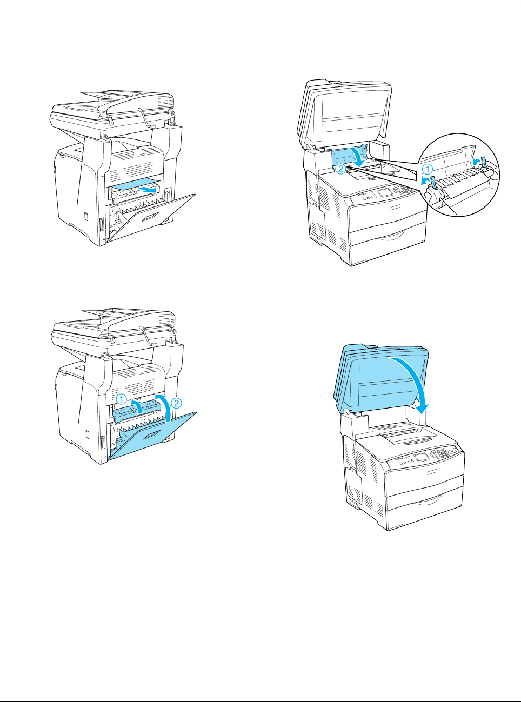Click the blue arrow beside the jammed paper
click(149, 190)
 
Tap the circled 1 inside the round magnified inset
click(428, 170)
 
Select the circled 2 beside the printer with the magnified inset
click(340, 169)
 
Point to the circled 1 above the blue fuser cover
click(121, 399)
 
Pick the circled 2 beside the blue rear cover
click(176, 403)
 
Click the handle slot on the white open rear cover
click(151, 218)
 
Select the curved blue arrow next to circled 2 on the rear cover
click(163, 407)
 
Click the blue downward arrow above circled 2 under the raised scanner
click(359, 156)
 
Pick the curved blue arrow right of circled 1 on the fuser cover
click(138, 406)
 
